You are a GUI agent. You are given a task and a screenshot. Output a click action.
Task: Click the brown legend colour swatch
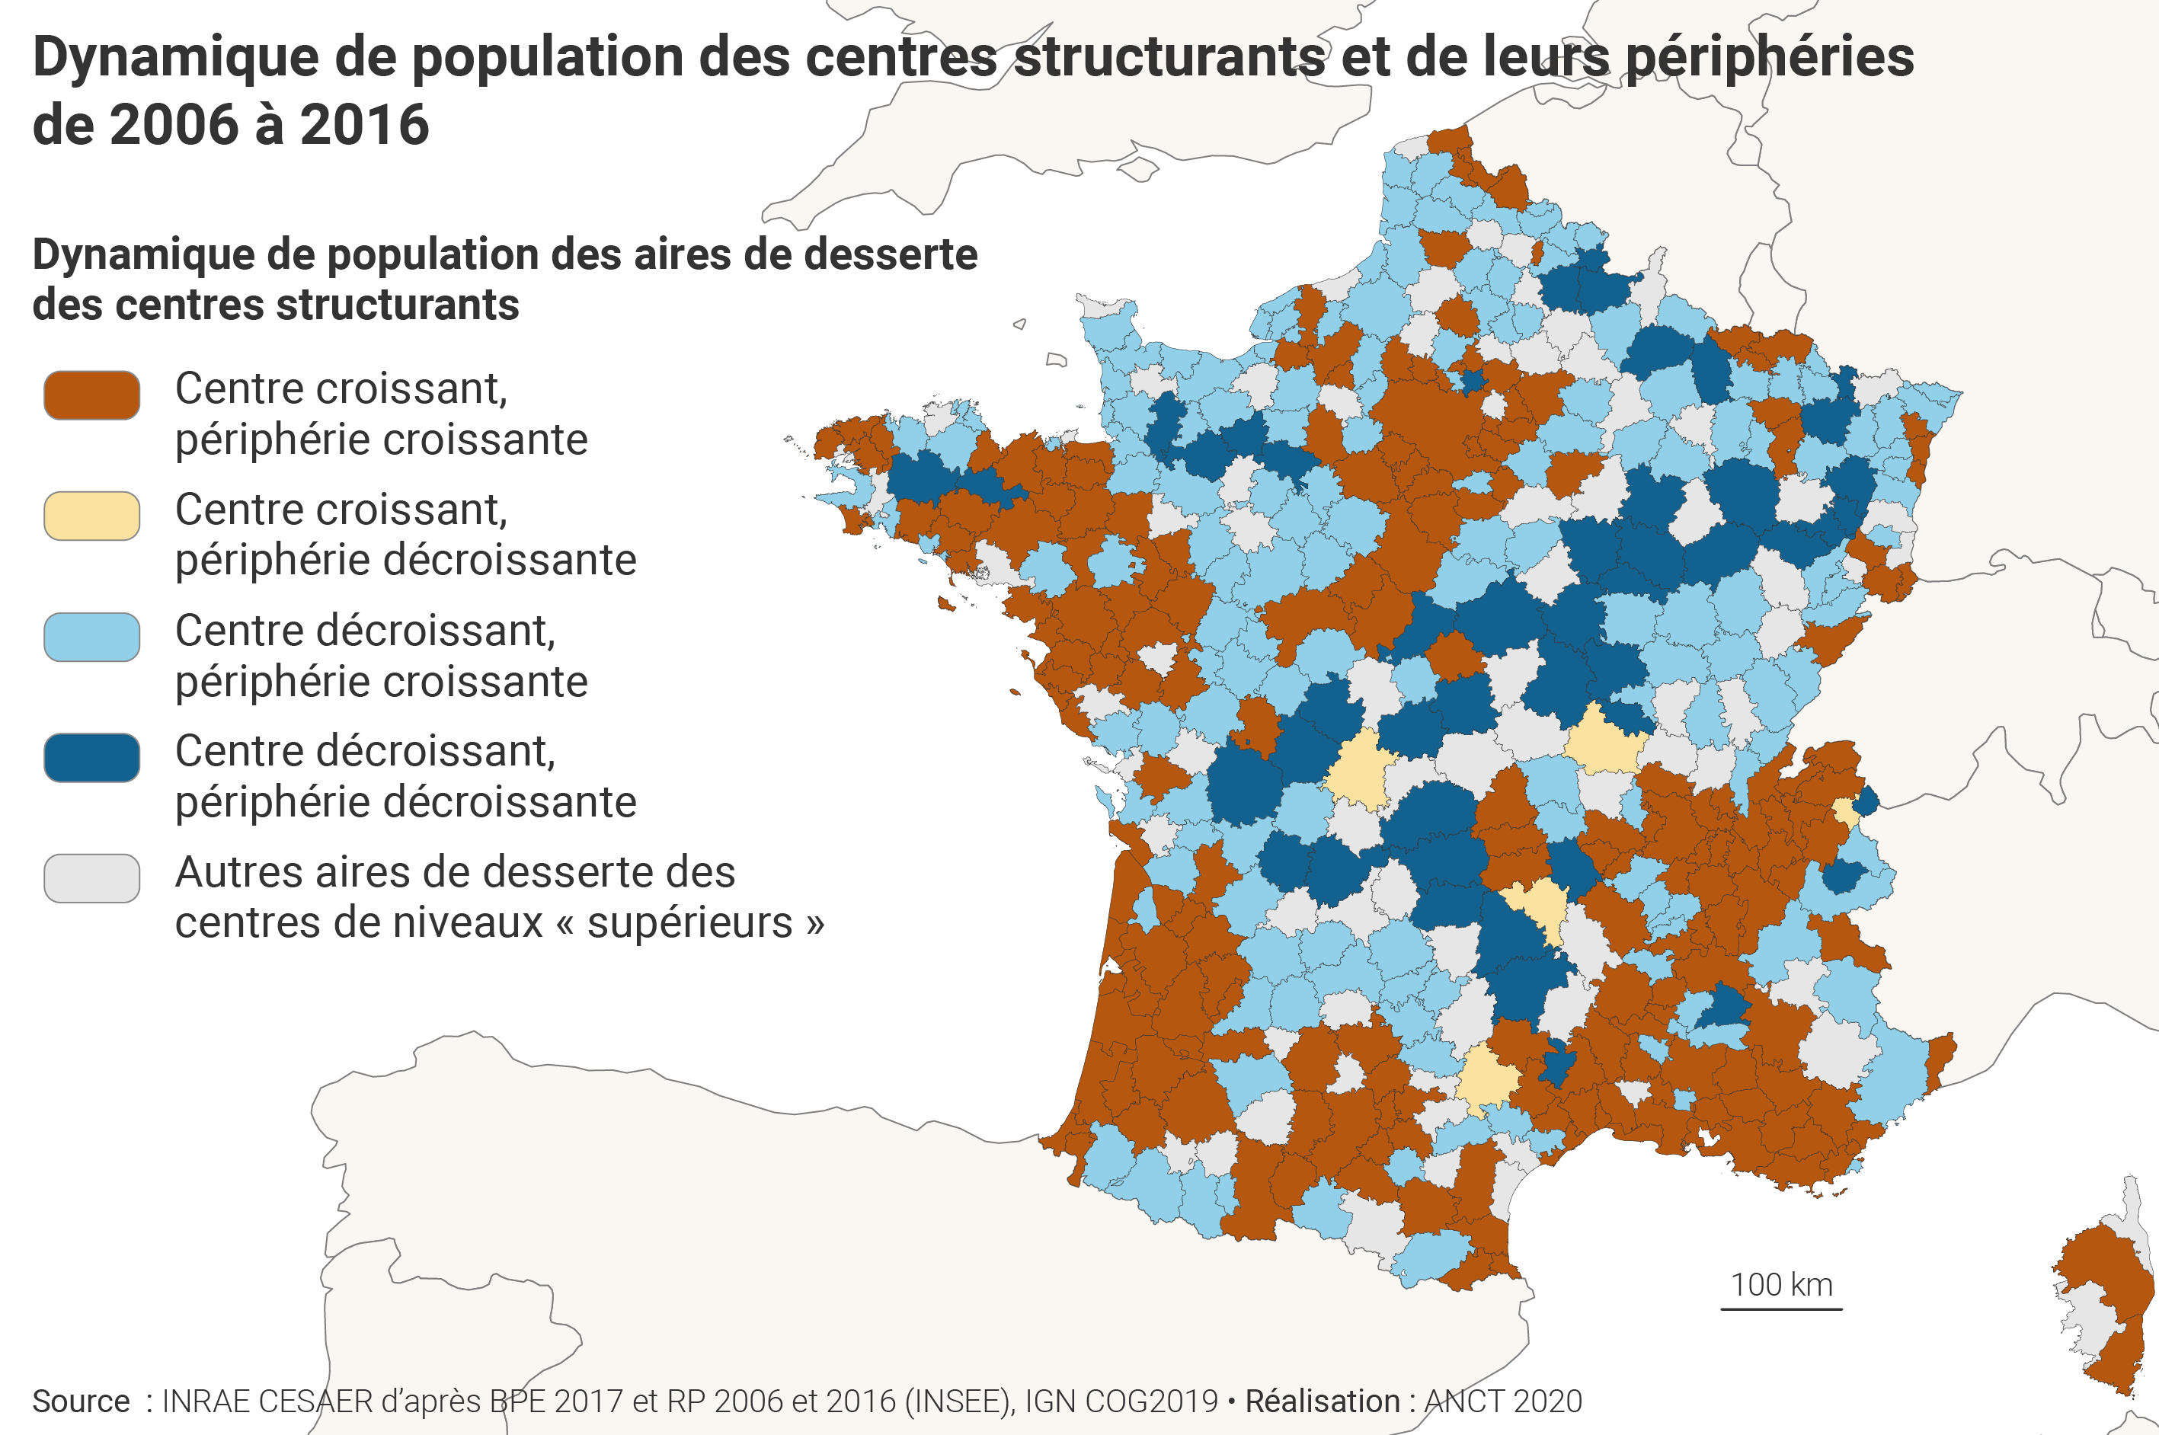tap(91, 395)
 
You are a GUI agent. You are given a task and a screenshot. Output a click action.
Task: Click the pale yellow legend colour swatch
tap(91, 516)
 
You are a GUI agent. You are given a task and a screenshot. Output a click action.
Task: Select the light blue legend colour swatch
tap(91, 637)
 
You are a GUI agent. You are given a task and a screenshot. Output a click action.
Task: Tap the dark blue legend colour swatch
tap(91, 758)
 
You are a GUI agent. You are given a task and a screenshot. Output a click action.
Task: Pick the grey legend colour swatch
tap(91, 878)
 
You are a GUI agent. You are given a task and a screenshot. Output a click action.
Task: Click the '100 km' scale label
tap(1781, 1285)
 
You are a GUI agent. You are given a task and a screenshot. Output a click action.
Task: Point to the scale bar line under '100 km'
tap(1781, 1309)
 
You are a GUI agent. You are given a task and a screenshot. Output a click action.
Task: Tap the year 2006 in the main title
tap(173, 126)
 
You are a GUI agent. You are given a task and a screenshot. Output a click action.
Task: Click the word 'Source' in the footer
tap(81, 1401)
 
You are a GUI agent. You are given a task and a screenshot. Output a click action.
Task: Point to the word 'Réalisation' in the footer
tap(1322, 1401)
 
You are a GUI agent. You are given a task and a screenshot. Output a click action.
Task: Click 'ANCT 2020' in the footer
tap(1503, 1401)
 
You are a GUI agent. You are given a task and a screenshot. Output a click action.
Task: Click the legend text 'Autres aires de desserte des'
tap(455, 872)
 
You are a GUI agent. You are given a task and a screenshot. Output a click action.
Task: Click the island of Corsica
tap(2105, 1299)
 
